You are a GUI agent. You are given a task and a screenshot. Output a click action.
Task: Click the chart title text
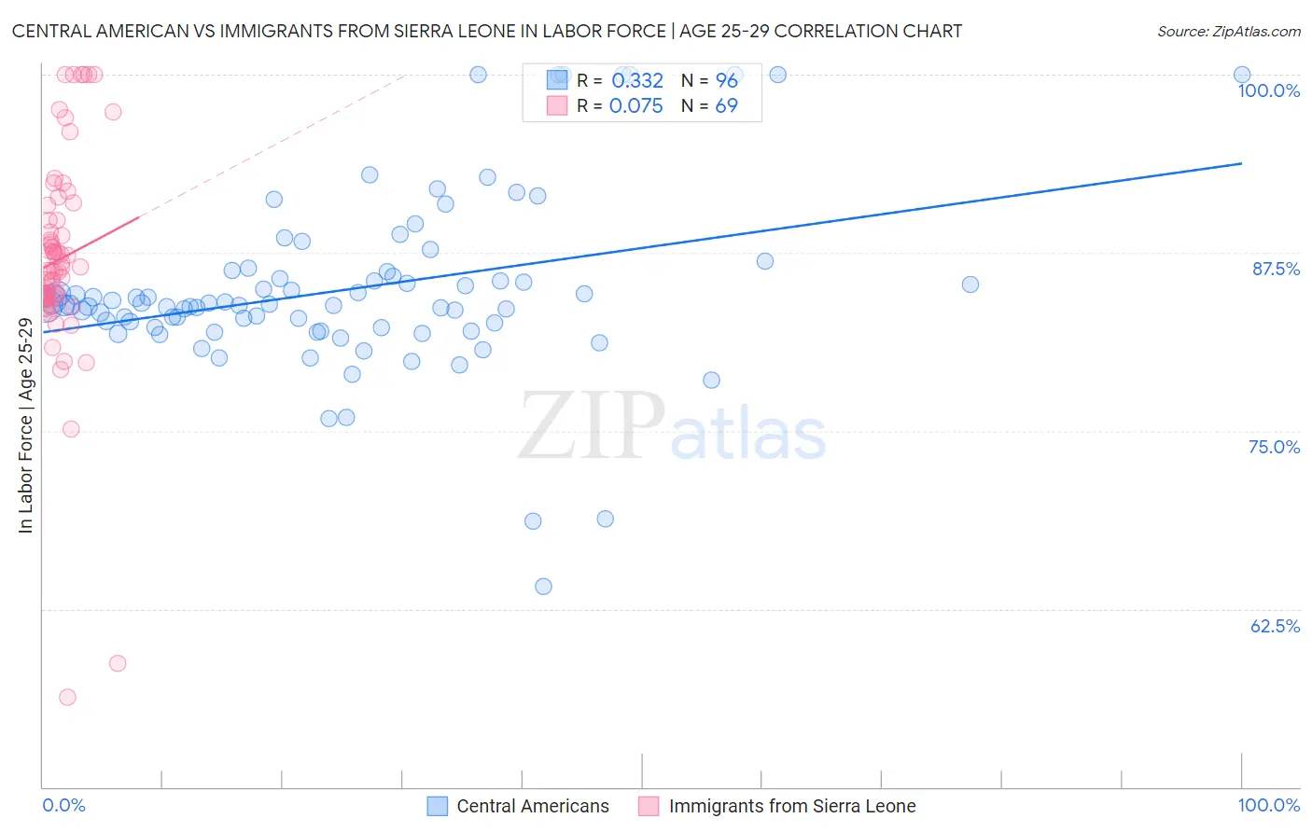[486, 31]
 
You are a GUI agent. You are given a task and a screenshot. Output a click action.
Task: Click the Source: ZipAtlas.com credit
[1228, 31]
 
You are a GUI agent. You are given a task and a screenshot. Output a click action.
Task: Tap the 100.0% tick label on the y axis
[1268, 90]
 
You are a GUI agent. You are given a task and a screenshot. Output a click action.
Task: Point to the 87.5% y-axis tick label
[1275, 269]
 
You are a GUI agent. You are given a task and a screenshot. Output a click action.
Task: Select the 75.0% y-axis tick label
[1274, 447]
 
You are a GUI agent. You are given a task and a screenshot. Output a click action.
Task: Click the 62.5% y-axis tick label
[1275, 626]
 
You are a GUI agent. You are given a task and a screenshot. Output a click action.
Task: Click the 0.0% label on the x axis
[63, 805]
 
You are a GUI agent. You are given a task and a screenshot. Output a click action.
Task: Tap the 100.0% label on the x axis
[1268, 805]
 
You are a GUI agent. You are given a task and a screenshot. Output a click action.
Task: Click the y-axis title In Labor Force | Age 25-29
[25, 425]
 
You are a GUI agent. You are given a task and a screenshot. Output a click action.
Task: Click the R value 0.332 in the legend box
[637, 81]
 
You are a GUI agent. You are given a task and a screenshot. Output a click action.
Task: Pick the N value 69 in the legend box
[726, 106]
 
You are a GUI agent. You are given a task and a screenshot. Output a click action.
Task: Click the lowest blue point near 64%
[543, 587]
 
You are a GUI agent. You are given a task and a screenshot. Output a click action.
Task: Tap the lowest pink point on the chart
[67, 697]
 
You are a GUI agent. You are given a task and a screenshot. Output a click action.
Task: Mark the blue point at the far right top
[1242, 75]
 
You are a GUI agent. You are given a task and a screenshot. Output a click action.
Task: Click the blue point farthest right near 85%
[970, 284]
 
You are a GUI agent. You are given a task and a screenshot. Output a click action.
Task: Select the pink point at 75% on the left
[71, 429]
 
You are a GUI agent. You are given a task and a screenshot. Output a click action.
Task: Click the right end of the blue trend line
[1241, 163]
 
